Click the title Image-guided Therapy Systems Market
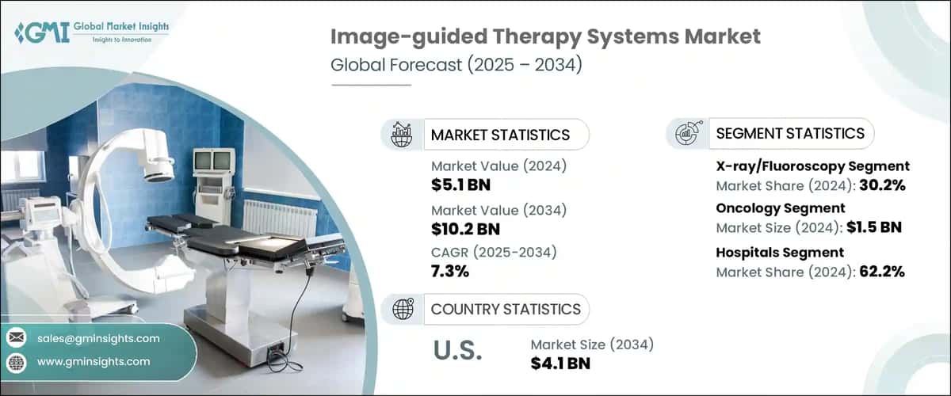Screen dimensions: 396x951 coord(545,36)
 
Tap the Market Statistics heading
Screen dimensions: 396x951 coord(499,135)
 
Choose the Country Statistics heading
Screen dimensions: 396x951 coord(506,309)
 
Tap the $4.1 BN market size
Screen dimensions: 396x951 coord(564,364)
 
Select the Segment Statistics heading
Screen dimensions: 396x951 coord(790,133)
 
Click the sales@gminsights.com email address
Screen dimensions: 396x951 coord(98,338)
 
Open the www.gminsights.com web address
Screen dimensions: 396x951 coord(94,361)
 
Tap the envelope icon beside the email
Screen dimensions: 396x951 coord(17,338)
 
